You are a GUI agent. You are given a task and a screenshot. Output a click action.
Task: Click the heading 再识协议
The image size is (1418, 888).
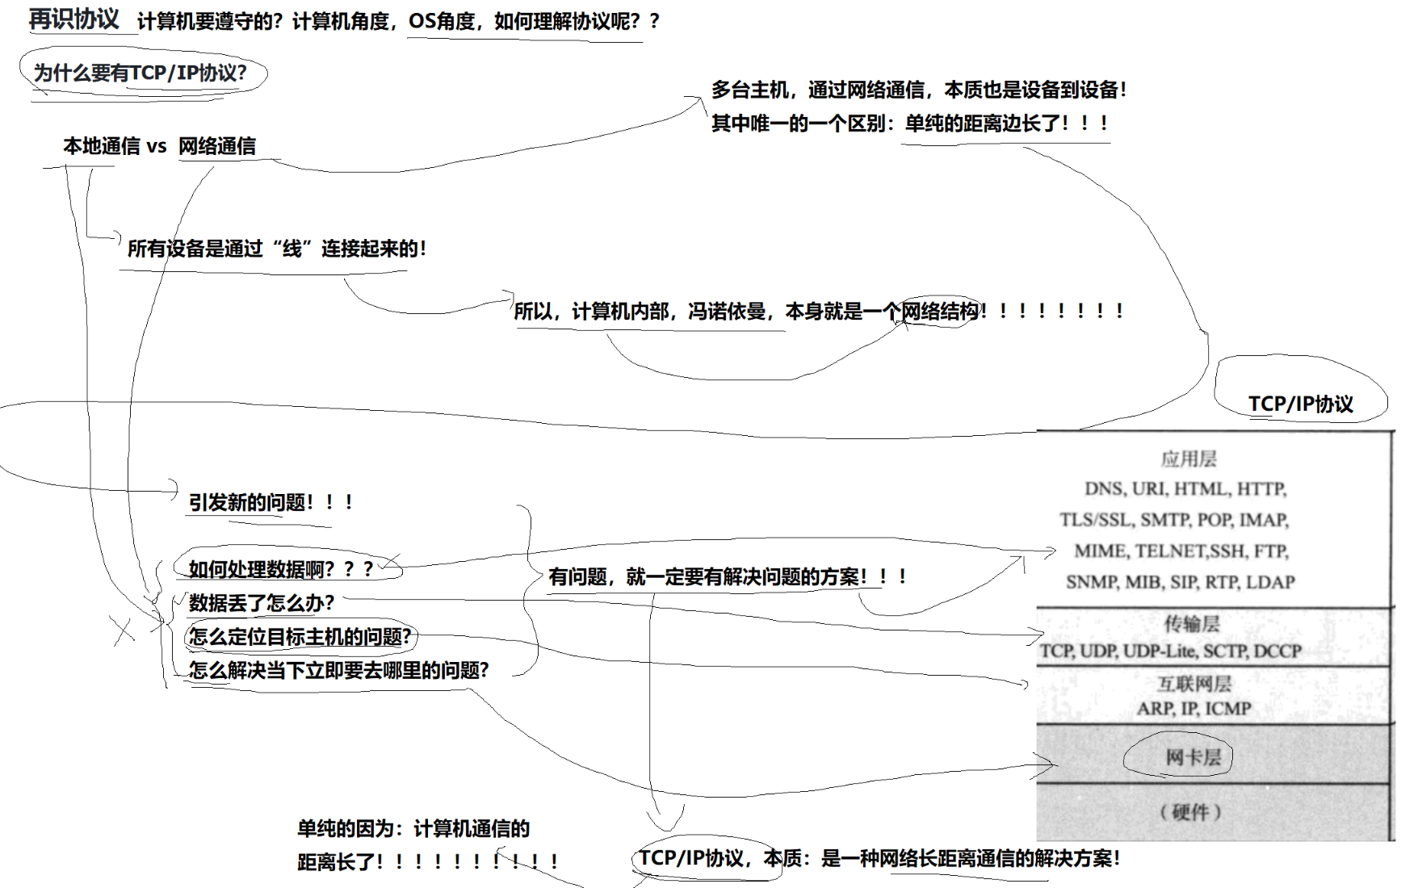click(x=73, y=19)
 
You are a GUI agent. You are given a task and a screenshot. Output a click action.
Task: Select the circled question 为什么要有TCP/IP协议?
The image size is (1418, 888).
click(x=140, y=73)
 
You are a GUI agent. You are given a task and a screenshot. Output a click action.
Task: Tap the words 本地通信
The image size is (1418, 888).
click(x=101, y=146)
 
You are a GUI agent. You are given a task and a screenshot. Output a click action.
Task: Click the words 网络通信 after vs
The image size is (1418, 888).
click(x=216, y=146)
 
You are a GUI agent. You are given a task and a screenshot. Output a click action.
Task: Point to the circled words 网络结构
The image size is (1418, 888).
click(x=939, y=311)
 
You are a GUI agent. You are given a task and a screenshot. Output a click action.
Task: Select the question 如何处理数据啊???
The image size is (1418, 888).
click(x=280, y=569)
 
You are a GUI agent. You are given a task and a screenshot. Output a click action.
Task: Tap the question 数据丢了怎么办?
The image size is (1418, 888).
click(x=261, y=603)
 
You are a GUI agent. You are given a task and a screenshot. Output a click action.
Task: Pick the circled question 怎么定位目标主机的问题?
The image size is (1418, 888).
click(x=300, y=637)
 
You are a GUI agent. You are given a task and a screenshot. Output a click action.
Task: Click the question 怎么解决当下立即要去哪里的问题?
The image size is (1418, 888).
click(x=338, y=670)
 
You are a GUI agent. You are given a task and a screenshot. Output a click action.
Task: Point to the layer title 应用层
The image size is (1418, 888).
click(x=1189, y=459)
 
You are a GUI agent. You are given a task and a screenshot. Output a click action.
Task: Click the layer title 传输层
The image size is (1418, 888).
click(x=1192, y=624)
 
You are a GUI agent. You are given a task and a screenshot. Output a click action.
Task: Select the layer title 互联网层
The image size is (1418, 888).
click(x=1194, y=685)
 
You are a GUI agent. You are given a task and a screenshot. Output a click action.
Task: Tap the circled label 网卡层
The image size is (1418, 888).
click(x=1193, y=757)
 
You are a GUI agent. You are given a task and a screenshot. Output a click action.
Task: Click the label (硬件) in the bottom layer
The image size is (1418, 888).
click(x=1190, y=812)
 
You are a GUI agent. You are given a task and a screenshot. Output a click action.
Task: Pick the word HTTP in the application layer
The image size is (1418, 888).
click(x=1261, y=489)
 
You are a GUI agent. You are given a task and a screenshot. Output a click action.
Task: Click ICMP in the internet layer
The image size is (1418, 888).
click(x=1227, y=709)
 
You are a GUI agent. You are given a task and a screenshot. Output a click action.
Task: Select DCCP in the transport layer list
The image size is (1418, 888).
click(x=1277, y=651)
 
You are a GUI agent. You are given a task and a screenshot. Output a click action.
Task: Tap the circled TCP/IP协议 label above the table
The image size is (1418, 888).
click(x=1300, y=404)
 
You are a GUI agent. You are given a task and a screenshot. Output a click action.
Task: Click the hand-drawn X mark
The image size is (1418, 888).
click(x=124, y=630)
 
